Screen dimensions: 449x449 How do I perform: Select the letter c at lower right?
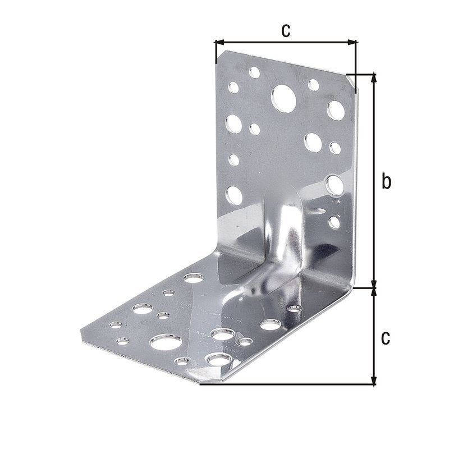(385, 337)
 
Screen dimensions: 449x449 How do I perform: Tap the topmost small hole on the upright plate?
(255, 72)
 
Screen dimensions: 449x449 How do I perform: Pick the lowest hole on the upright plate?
(334, 221)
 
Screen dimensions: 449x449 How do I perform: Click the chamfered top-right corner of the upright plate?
(352, 81)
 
